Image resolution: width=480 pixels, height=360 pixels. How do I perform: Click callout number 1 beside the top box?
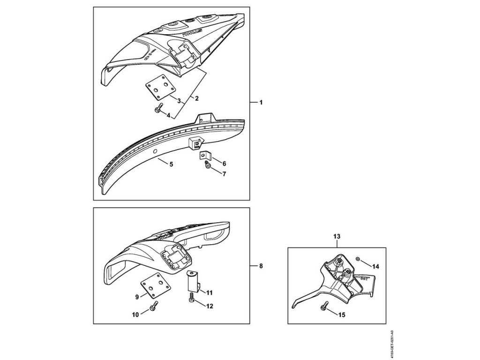261,102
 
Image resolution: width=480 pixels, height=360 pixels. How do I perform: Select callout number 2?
197,98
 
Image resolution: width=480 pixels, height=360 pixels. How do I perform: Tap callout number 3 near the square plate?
179,101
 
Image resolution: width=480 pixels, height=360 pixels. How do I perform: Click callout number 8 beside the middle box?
261,266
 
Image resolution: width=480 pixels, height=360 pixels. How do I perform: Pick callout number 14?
375,266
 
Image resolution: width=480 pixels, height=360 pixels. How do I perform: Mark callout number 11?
209,292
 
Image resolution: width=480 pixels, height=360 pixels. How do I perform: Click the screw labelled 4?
158,109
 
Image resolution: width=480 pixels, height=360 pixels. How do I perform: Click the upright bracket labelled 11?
192,282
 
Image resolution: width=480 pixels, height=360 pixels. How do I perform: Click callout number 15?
342,315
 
